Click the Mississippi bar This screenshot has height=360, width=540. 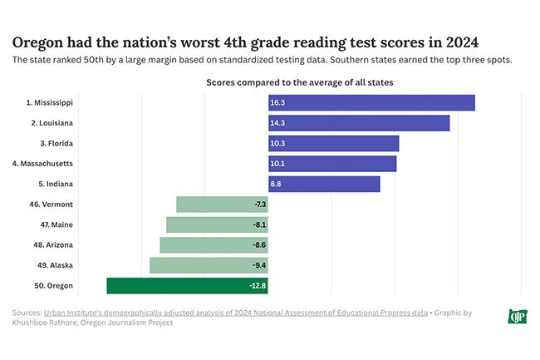371,102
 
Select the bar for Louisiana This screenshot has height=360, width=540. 359,123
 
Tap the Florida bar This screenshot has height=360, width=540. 333,143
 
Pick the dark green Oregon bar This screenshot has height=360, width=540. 187,286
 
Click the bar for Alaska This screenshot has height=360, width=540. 209,265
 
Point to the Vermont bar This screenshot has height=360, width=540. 222,205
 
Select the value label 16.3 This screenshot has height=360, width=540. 277,102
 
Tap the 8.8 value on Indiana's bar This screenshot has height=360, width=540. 276,184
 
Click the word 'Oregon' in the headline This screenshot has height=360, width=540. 38,42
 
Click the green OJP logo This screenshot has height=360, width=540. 517,316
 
